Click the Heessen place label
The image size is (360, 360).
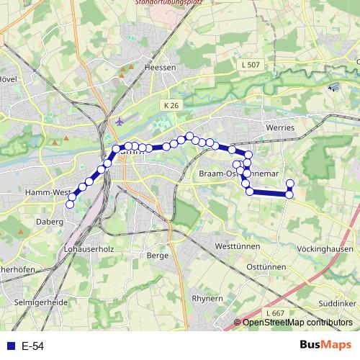pos(160,67)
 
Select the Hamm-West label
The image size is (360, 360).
pos(47,192)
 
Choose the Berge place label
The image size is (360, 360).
pos(157,255)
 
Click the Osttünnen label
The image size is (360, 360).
pos(266,266)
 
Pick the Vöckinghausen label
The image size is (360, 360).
pos(325,248)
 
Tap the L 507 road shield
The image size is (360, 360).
pos(250,65)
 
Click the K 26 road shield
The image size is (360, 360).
pos(171,105)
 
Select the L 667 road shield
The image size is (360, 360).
pos(274,314)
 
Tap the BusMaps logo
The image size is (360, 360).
pos(326,345)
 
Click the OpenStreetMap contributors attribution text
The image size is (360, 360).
pos(297,323)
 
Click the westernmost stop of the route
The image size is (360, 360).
pos(70,204)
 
